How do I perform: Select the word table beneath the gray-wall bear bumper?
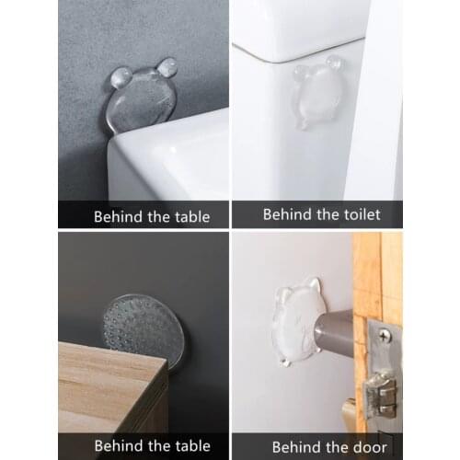189,217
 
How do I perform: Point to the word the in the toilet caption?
324,213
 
